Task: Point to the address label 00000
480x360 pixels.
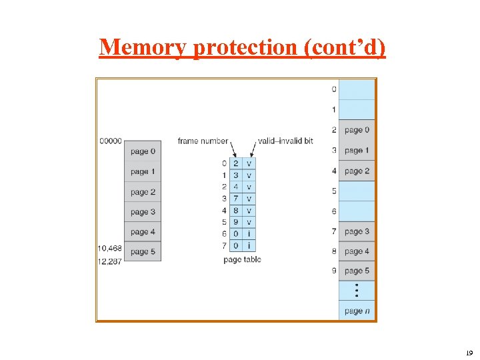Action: point(110,141)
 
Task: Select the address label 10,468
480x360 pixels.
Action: point(110,248)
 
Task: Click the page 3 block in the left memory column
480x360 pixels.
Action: point(143,212)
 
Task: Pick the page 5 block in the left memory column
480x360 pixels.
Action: point(143,252)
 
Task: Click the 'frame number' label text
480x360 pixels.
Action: point(202,141)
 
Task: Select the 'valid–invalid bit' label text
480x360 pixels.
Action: point(285,141)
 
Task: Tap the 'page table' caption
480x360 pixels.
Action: point(242,259)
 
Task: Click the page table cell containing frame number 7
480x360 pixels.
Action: point(236,199)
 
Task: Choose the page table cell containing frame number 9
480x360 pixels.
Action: point(236,222)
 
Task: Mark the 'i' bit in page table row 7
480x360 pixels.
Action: point(249,246)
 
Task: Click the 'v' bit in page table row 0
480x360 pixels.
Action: point(249,163)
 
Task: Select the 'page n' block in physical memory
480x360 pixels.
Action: point(357,311)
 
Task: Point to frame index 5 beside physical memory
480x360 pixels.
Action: point(333,191)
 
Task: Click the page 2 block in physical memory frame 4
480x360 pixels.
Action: point(357,171)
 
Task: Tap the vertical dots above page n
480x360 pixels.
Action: point(357,291)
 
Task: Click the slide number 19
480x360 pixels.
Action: point(469,353)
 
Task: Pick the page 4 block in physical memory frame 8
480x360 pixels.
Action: point(357,251)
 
